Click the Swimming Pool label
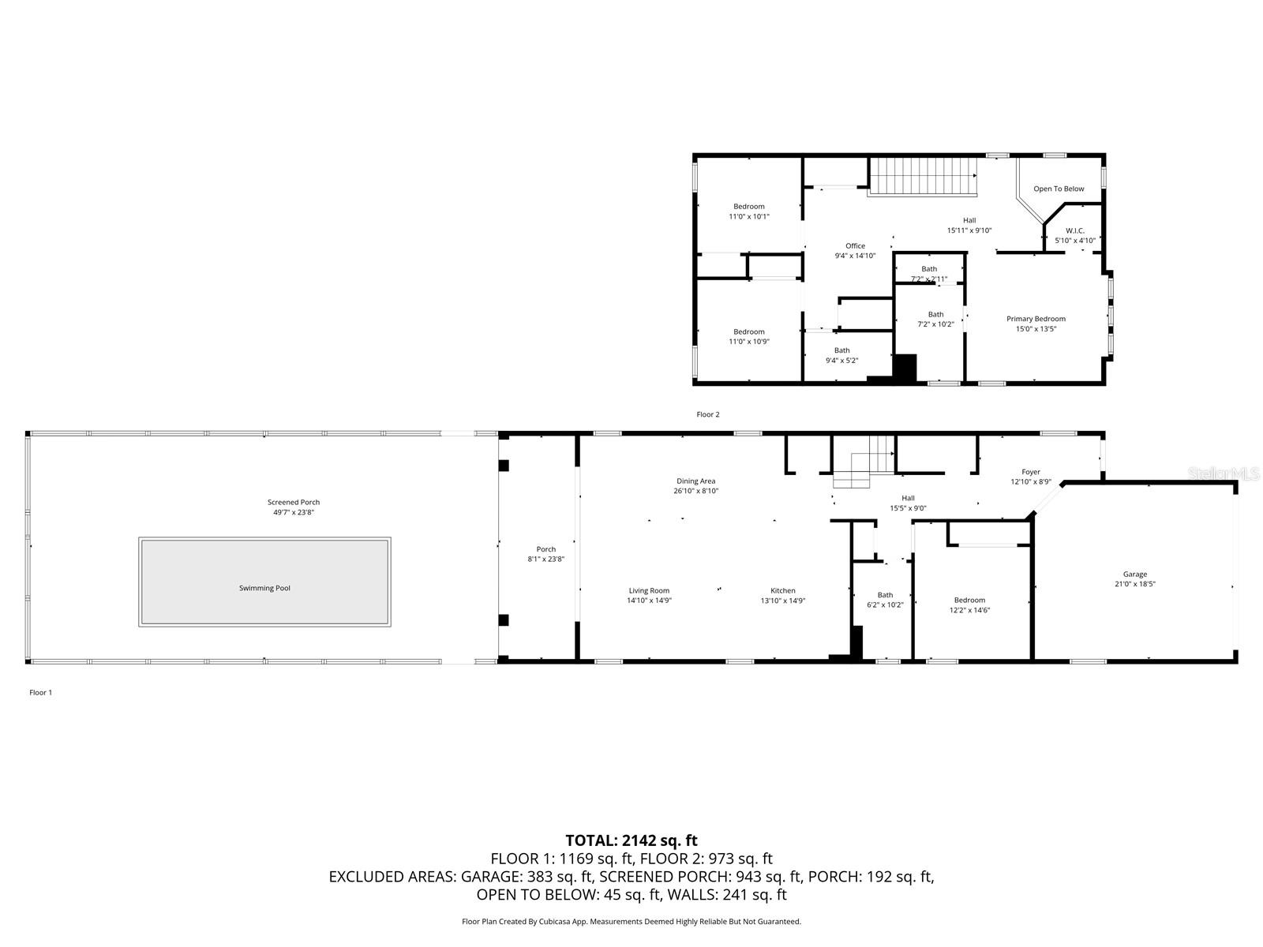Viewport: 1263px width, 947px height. pyautogui.click(x=264, y=588)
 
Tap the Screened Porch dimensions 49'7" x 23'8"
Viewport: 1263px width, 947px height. pyautogui.click(x=293, y=513)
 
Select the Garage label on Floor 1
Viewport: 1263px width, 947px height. pyautogui.click(x=1134, y=575)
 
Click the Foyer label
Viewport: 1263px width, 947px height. pyautogui.click(x=1030, y=472)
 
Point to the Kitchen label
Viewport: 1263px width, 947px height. pyautogui.click(x=782, y=590)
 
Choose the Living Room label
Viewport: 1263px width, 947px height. pyautogui.click(x=649, y=590)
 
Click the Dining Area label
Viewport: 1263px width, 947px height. pyautogui.click(x=695, y=481)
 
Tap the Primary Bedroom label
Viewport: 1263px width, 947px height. pyautogui.click(x=1036, y=319)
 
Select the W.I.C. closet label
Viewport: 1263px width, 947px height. pyautogui.click(x=1074, y=230)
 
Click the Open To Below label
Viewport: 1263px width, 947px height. pyautogui.click(x=1059, y=189)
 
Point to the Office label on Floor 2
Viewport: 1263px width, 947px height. pyautogui.click(x=855, y=245)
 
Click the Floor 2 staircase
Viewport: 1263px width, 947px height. pyautogui.click(x=923, y=176)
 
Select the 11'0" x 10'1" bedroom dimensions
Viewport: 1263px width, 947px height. pyautogui.click(x=748, y=216)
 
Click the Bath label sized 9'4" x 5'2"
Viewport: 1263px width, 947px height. pyautogui.click(x=841, y=350)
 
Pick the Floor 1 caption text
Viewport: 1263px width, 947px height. pyautogui.click(x=40, y=692)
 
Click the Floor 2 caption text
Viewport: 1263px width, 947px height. pyautogui.click(x=707, y=414)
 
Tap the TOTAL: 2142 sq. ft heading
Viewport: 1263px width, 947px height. pyautogui.click(x=631, y=840)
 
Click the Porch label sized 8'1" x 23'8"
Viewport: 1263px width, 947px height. pyautogui.click(x=545, y=549)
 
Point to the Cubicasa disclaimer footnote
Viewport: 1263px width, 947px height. pyautogui.click(x=631, y=921)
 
